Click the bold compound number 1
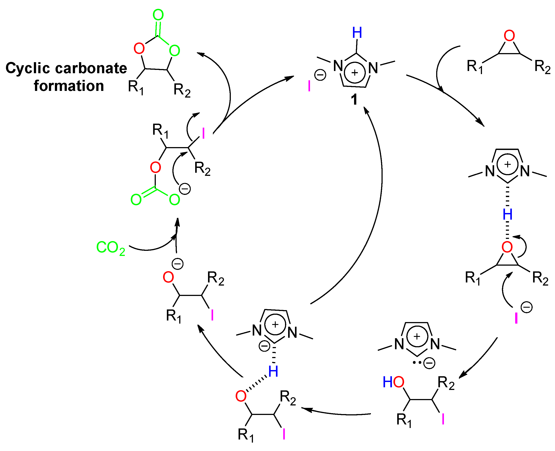point(354,100)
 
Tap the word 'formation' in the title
point(69,86)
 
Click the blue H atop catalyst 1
point(357,33)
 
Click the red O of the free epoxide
point(509,36)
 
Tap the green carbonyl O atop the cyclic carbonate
point(158,15)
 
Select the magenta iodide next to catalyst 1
point(309,86)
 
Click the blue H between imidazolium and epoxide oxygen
point(507,215)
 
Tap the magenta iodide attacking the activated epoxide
point(516,318)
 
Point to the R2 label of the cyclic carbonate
point(182,90)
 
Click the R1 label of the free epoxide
point(475,67)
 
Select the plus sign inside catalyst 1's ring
point(355,73)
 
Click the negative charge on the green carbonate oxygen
point(185,189)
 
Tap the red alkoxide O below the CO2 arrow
point(168,277)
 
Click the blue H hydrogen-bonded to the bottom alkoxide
point(273,372)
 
